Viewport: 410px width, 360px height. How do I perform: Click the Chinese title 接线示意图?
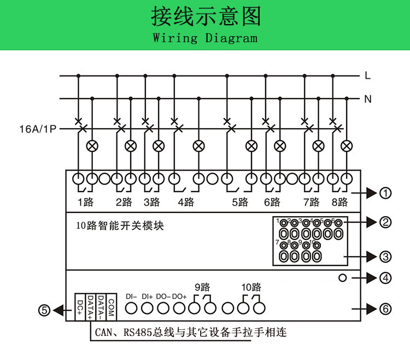click(205, 17)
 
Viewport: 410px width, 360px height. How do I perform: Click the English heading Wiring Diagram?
click(205, 38)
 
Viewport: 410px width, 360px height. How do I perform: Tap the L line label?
click(367, 76)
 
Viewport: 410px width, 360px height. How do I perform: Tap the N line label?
click(367, 99)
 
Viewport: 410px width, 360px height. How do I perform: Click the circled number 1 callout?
click(386, 193)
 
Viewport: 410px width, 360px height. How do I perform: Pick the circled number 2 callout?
click(386, 222)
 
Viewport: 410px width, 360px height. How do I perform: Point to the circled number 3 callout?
click(386, 256)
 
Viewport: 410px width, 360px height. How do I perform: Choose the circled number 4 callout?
click(386, 278)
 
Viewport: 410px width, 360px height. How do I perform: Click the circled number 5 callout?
click(44, 310)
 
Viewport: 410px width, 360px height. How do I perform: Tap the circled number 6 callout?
click(386, 310)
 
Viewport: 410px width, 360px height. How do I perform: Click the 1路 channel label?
click(85, 202)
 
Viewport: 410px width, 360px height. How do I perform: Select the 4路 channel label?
click(186, 202)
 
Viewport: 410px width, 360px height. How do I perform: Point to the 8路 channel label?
click(339, 202)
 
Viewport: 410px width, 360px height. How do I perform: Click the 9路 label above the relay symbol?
click(202, 287)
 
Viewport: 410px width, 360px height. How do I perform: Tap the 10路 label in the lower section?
click(251, 287)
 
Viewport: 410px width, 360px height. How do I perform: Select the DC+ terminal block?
click(80, 307)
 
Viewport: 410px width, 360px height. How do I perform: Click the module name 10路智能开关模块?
click(120, 225)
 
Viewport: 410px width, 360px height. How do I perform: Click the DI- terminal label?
click(131, 296)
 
